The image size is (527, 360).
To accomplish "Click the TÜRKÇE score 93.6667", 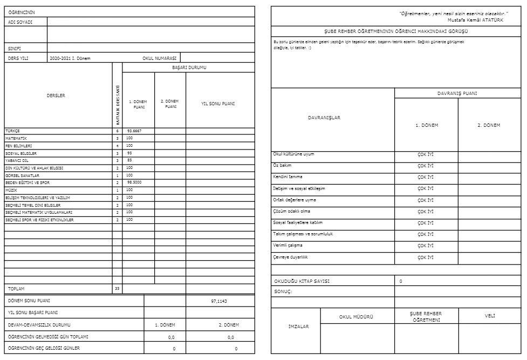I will coord(134,131).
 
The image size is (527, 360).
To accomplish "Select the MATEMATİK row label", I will coord(16,138).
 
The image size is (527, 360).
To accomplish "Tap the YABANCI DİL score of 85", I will coord(129,160).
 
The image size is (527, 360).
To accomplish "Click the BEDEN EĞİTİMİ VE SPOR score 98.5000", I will coord(134,182).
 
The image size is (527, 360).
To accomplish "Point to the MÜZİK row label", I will coord(11,190).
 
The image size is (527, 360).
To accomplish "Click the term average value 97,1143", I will coord(219,301).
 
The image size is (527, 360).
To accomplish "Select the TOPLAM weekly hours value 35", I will coord(117,289).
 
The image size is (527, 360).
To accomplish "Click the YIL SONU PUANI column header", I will coord(218,104).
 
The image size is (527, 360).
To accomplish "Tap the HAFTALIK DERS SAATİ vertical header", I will coord(118,106).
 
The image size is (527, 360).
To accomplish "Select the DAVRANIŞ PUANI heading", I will coord(457,93).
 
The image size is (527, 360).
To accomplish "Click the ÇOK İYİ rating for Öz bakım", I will coord(426,166).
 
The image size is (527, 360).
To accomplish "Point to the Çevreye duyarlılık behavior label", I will coord(290,257).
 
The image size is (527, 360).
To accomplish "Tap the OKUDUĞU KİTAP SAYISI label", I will coord(302,281).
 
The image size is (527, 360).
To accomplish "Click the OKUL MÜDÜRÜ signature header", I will coord(356,317).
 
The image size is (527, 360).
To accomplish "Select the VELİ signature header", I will coord(489,316).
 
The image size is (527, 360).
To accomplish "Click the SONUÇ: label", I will coord(283,291).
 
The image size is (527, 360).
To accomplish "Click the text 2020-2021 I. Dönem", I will coord(70,58).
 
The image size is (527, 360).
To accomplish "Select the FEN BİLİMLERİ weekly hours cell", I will coord(117,146).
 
